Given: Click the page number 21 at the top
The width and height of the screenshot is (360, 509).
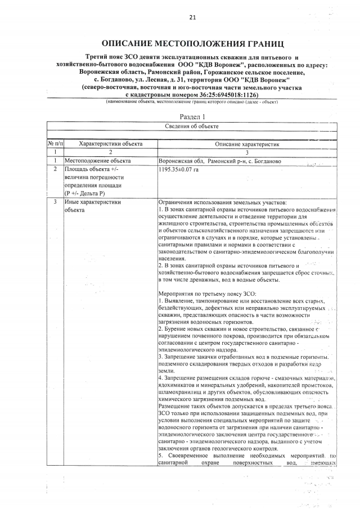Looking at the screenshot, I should point(192,17).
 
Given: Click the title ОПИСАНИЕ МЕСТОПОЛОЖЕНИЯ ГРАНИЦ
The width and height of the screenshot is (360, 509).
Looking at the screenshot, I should point(192,43).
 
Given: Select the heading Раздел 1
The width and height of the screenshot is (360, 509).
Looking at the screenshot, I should point(192,115).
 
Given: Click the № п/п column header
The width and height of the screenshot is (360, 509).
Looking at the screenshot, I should point(55,145).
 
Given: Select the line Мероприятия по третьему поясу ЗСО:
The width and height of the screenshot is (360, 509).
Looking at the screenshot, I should point(208,294).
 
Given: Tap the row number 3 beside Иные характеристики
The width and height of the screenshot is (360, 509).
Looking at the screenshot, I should point(55,201).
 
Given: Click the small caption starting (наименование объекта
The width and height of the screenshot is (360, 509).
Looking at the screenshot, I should point(192,101).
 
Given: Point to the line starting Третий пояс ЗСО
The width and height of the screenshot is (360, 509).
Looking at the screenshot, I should point(192,58).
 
